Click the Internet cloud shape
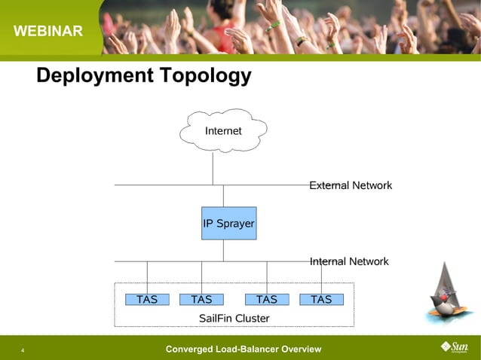[223, 131]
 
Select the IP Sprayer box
[228, 224]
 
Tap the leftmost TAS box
[147, 300]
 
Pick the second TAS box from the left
[201, 300]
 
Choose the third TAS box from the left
[266, 300]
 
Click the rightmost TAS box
[321, 300]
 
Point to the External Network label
[351, 185]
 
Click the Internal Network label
[349, 261]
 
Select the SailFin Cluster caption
[234, 319]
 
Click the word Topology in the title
[204, 76]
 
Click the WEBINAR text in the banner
[47, 32]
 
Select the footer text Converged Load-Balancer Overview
[243, 349]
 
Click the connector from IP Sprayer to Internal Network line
[223, 250]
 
